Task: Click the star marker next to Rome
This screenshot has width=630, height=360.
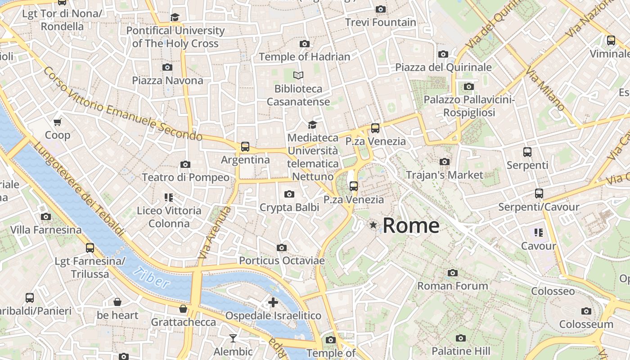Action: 373,225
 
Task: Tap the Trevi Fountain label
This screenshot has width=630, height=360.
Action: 381,22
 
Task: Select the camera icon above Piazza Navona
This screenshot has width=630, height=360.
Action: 167,67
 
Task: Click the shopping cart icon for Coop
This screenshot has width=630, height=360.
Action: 58,122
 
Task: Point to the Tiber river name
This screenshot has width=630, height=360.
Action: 152,278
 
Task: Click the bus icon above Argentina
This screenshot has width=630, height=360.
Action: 245,147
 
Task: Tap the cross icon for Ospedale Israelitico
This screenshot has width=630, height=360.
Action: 273,302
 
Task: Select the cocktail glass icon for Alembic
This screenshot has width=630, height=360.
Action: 233,338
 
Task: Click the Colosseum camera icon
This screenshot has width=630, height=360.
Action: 586,311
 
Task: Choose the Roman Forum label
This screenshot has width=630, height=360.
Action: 453,286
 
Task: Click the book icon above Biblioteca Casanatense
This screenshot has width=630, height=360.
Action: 298,75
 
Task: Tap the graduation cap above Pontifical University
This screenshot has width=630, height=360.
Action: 175,18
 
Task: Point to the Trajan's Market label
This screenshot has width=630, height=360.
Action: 445,175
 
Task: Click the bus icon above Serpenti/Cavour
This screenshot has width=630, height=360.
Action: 539,193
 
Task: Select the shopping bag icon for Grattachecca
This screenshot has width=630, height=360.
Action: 183,309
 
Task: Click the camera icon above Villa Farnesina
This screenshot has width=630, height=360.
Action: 45,217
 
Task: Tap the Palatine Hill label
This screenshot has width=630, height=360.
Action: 460,351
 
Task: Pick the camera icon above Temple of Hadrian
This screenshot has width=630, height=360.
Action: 305,44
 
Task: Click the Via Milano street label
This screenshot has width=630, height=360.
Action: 545,90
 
